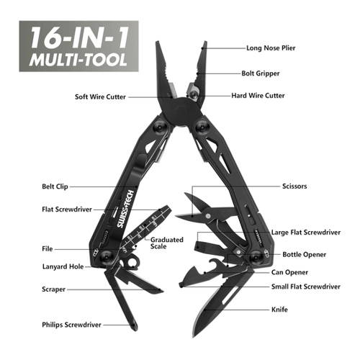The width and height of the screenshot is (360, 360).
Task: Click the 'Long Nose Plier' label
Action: click(271, 48)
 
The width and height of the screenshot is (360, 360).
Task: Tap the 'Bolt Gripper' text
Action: click(261, 73)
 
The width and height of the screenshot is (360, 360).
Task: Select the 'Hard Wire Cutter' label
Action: click(258, 96)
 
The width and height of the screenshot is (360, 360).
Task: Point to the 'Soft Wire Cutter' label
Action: click(100, 96)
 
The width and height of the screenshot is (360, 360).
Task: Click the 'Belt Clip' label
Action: click(55, 186)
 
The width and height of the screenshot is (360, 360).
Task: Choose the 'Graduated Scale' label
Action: click(167, 243)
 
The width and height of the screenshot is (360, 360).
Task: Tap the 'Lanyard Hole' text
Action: click(63, 266)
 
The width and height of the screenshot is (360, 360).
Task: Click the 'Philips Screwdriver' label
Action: click(71, 325)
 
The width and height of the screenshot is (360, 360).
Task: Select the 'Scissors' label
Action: click(294, 186)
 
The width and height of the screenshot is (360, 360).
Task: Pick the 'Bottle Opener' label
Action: click(305, 255)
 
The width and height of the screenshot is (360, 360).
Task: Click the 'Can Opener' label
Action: click(289, 272)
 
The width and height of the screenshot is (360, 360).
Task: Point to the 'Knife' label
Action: click(279, 310)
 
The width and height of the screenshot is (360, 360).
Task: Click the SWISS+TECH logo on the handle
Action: click(125, 209)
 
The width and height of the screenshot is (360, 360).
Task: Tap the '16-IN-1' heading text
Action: click(79, 37)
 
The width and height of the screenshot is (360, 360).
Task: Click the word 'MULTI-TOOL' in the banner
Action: click(78, 60)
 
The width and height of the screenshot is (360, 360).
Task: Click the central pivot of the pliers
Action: click(181, 110)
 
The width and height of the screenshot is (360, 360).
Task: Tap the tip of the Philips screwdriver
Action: click(135, 328)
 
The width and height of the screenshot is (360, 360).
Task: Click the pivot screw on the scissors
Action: click(209, 216)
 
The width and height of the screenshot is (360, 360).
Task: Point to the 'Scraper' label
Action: click(53, 289)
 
